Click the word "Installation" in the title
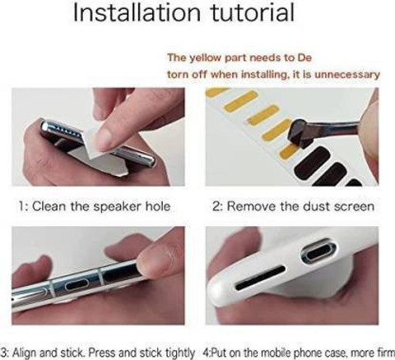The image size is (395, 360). coord(137,13)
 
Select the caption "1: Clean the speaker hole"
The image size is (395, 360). coord(95,206)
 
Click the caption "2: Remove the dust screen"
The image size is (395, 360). coord(293,206)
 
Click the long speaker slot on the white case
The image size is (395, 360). coord(260,278)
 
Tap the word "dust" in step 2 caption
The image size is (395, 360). coord(314,206)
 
